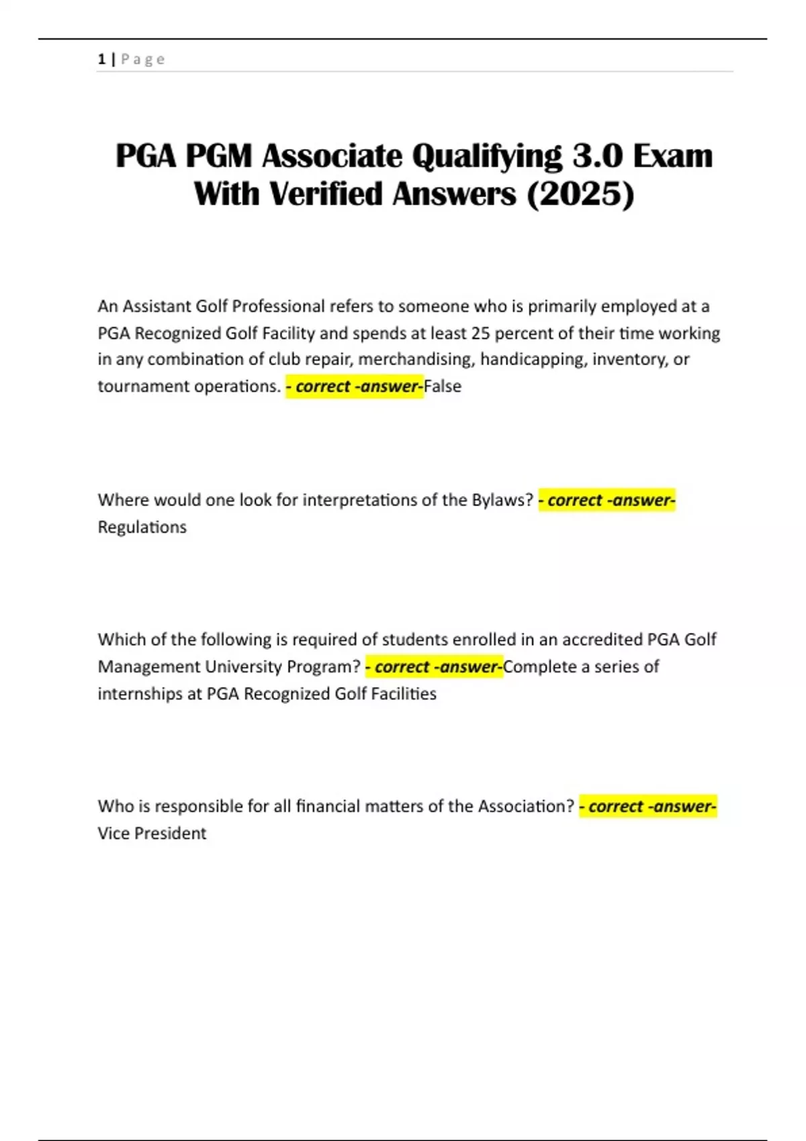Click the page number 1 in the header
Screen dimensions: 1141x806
tap(101, 59)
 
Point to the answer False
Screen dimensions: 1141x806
tap(443, 387)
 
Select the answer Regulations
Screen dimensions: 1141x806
tap(142, 528)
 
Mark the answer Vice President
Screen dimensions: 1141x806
tap(152, 834)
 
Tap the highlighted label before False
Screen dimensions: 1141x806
tap(355, 387)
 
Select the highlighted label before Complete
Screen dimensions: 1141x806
tap(434, 667)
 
